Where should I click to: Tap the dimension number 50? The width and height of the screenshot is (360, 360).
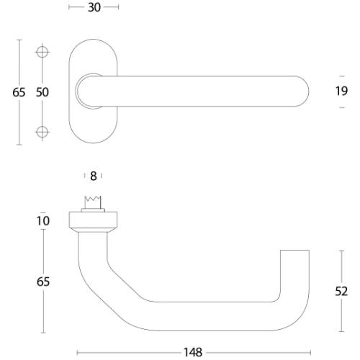pos(42,92)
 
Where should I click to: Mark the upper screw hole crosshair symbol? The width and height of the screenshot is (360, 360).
pos(42,53)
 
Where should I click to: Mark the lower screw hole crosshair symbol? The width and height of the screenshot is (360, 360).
pos(42,130)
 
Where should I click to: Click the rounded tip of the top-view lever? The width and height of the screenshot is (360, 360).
pos(303,91)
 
